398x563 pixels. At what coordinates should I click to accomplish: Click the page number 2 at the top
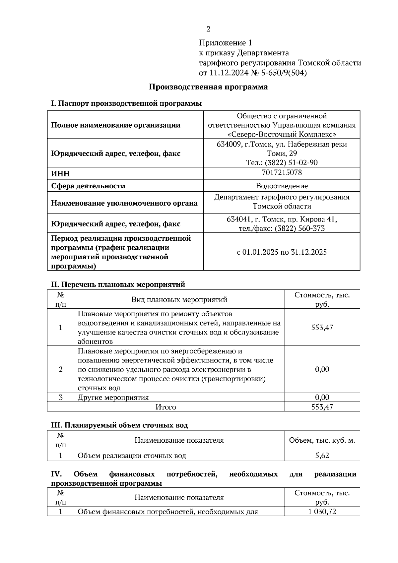208,30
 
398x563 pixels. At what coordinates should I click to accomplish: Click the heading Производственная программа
208,87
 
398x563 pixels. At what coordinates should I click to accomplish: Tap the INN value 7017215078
282,172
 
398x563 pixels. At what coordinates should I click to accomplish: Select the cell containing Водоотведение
282,186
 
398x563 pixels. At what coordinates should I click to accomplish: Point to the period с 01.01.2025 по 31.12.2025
282,252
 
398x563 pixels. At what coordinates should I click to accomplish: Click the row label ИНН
60,174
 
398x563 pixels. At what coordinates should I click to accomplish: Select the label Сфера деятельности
88,186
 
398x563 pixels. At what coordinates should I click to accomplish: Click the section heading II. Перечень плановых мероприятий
118,284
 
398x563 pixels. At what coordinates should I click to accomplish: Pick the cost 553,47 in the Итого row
322,407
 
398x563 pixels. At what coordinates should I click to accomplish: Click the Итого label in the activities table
166,407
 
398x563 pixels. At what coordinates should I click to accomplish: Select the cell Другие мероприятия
113,397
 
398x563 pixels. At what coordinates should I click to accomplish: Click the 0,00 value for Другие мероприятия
322,397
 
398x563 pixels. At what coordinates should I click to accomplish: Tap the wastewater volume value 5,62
322,455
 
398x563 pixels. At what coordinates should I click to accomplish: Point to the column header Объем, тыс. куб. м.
322,440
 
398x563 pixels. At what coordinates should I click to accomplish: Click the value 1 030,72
322,512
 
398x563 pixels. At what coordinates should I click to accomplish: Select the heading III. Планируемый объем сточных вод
119,425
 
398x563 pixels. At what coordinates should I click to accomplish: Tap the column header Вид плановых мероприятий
179,299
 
